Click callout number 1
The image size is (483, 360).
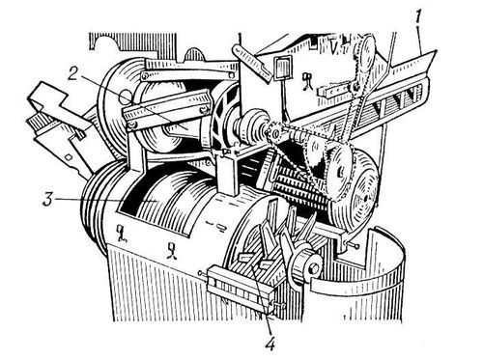coord(418,22)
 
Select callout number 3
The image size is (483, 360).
coord(47,199)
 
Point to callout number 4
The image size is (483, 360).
coord(270,344)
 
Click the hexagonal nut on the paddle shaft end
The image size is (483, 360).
coord(314,267)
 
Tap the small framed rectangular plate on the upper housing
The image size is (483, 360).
coord(283,68)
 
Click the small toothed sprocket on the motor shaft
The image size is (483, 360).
coord(273,133)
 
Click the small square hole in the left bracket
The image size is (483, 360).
coord(69,156)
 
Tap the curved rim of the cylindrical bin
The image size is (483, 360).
coord(357,283)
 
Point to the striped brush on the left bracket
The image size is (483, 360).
coord(40,124)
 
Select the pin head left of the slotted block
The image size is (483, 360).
coord(201,273)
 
